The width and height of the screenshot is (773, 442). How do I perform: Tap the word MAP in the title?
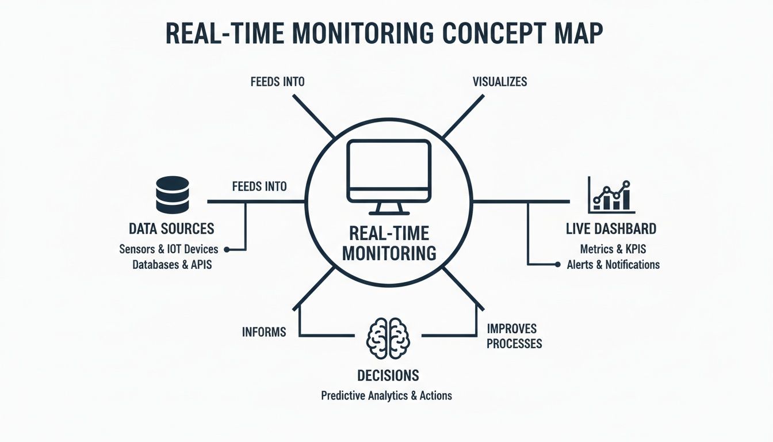point(577,34)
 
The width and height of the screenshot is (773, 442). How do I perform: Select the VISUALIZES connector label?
point(499,82)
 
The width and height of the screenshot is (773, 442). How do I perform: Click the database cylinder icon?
point(172,194)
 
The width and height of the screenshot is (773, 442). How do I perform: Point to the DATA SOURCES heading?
point(171,228)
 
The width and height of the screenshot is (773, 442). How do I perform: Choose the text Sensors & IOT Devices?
point(169,250)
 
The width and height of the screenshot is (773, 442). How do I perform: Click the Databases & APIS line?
point(172,265)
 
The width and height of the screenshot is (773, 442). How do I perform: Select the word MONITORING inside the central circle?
point(389,253)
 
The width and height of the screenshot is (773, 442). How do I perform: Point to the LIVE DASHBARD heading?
point(611,229)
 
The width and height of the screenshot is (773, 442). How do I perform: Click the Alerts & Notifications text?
point(613,265)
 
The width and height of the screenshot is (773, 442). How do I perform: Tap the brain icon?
point(388,337)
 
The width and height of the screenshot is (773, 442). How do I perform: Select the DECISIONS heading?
point(388,375)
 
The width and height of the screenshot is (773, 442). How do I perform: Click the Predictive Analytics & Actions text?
point(386,396)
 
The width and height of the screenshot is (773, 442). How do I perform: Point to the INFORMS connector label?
point(264,332)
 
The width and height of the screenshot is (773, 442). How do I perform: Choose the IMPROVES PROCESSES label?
point(514,336)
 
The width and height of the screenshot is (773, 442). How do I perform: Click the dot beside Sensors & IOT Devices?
point(226,250)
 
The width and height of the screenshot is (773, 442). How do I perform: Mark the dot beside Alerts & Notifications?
point(557,265)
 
